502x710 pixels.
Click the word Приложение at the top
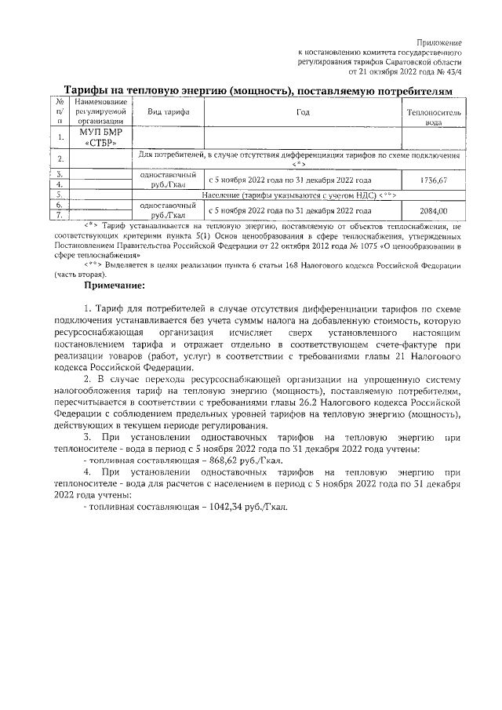click(x=440, y=41)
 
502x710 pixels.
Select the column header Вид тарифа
click(x=169, y=112)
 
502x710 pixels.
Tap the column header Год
click(x=303, y=112)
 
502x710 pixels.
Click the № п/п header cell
click(x=60, y=111)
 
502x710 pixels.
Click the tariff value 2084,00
click(x=433, y=210)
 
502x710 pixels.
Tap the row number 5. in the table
click(x=60, y=194)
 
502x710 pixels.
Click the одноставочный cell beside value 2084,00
click(x=168, y=210)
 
